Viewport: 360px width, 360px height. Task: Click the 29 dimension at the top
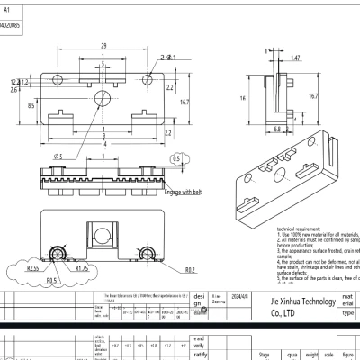(x=104, y=44)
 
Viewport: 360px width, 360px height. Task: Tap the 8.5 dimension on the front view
(x=32, y=105)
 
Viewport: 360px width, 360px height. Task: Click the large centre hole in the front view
(x=105, y=95)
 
